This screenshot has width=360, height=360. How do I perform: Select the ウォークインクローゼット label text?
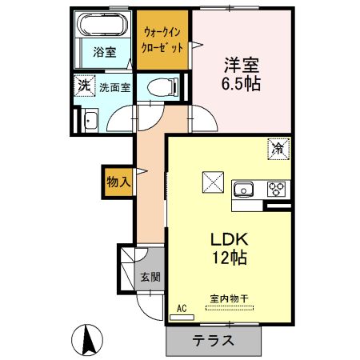click(163, 40)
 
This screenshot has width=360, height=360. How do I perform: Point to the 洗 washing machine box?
click(83, 85)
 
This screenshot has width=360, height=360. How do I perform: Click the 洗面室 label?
click(114, 86)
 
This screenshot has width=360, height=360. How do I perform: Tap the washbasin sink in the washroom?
click(90, 121)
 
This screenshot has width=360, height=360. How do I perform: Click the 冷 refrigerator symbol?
click(277, 148)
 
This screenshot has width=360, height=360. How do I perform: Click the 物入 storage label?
click(118, 182)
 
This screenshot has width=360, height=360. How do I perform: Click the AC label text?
click(182, 306)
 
